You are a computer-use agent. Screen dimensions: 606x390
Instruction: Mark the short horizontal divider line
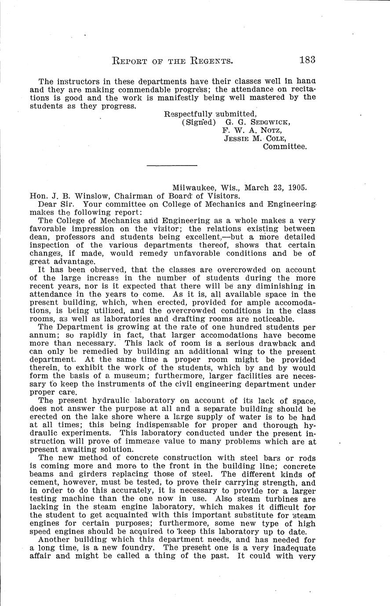point(171,166)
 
